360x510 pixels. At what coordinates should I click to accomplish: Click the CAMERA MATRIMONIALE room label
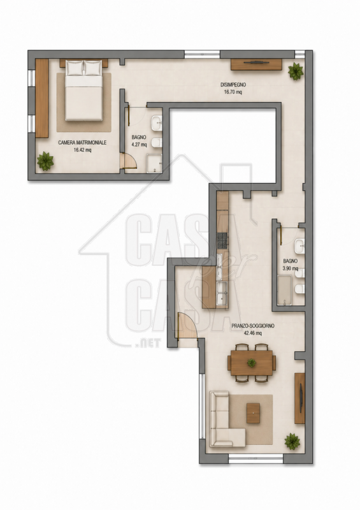pos(82,142)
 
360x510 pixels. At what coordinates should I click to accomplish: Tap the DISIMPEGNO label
pos(233,85)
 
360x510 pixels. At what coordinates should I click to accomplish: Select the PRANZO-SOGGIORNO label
pos(253,326)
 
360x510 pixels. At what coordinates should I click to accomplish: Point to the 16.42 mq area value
pos(82,150)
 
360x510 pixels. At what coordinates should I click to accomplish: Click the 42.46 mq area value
pos(253,333)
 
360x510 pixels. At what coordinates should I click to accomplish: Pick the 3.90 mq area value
pos(290,268)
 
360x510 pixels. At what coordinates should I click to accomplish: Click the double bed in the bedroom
pos(84,90)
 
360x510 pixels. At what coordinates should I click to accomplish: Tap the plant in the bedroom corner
pos(45,161)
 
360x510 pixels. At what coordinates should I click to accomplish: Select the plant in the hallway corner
pos(296,71)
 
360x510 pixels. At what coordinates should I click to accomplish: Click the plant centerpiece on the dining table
pos(252,362)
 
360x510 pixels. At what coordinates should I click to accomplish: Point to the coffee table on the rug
pos(253,412)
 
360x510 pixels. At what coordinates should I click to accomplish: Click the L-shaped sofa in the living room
pos(224,419)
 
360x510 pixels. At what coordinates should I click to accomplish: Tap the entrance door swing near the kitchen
pos(187,326)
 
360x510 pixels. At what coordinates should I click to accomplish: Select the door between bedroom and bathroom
pos(128,161)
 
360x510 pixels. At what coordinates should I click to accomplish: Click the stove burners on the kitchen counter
pos(223,241)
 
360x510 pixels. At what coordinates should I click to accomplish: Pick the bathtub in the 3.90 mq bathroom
pos(285,291)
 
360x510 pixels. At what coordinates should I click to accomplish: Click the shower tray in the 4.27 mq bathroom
pos(154,163)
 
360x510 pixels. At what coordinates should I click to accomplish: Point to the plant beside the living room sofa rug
pos(292,441)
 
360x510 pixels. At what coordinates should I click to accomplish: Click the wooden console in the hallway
pos(256,64)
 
